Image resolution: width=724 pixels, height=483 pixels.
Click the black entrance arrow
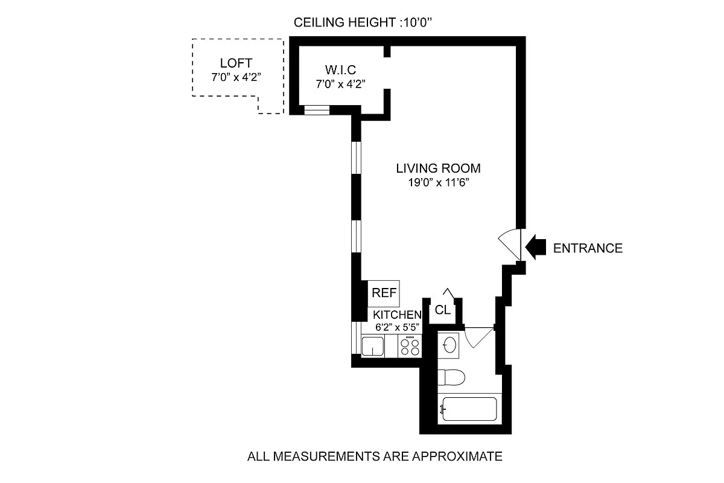click(x=536, y=247)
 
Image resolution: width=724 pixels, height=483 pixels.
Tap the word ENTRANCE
click(x=588, y=248)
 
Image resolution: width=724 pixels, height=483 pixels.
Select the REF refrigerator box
click(x=384, y=293)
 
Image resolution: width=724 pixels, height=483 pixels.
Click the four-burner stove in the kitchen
click(x=410, y=346)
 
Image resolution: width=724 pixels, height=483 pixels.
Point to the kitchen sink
click(x=373, y=346)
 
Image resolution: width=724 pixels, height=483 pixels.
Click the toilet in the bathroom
click(x=451, y=377)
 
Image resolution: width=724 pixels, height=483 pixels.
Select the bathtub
click(x=469, y=409)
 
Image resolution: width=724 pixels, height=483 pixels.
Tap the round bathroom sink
click(x=449, y=345)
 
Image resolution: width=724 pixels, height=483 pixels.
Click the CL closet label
click(x=442, y=310)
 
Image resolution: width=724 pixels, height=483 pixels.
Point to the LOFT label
click(x=236, y=63)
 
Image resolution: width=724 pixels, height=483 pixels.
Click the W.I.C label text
click(x=340, y=70)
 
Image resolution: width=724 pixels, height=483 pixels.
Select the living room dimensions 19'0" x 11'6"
click(x=438, y=182)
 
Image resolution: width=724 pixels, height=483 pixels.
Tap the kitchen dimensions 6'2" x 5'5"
click(x=397, y=327)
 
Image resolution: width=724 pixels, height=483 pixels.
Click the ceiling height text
click(x=363, y=22)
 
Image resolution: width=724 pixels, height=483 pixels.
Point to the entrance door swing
click(x=510, y=245)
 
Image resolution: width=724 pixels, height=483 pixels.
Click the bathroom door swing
click(x=479, y=337)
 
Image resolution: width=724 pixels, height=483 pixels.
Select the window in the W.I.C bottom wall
click(x=317, y=110)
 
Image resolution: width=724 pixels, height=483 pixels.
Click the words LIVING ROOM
click(x=438, y=168)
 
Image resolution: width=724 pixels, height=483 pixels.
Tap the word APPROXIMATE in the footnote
click(x=457, y=456)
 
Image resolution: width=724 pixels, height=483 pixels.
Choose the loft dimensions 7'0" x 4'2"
click(x=236, y=77)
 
